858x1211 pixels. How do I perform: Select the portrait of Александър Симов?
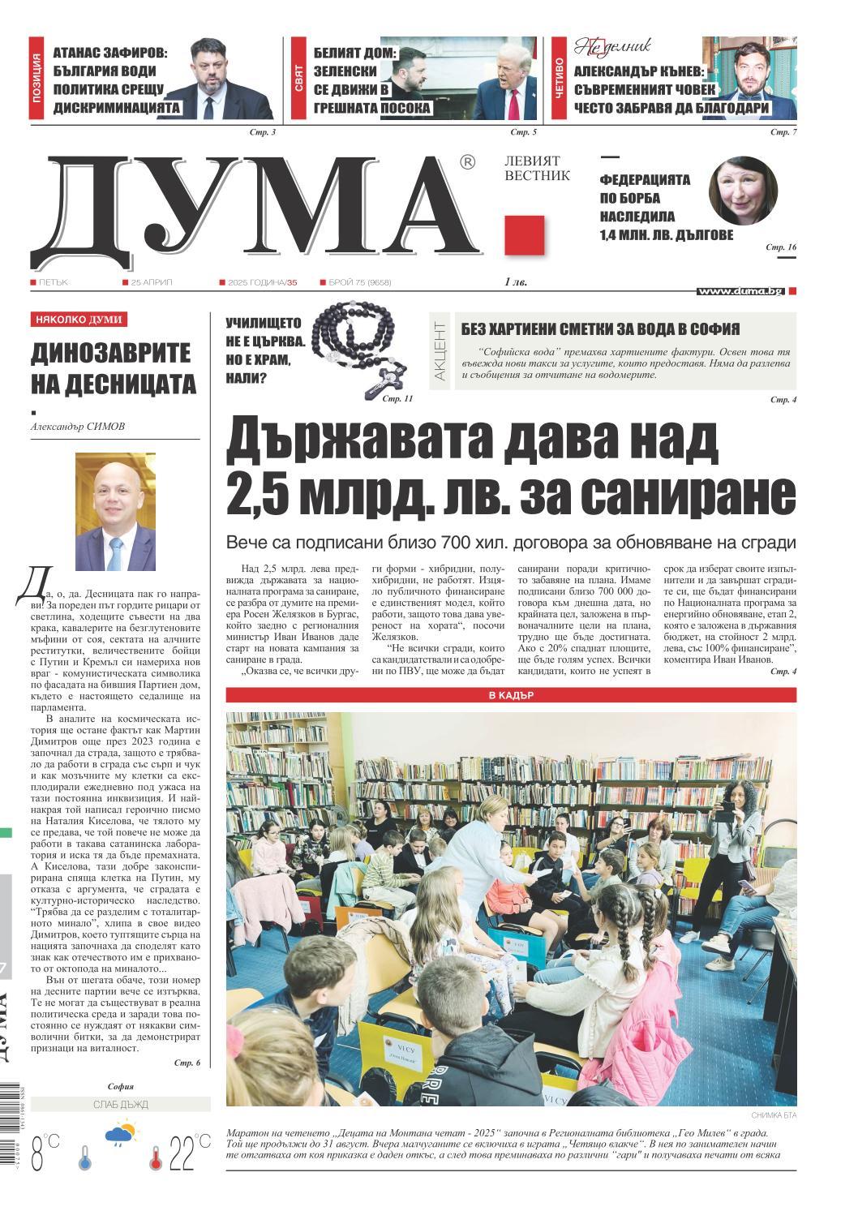click(115, 511)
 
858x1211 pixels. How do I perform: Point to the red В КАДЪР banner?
click(511, 695)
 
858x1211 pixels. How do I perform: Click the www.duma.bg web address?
click(740, 290)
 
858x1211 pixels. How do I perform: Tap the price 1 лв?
click(515, 282)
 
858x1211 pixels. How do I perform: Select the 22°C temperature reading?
click(188, 1152)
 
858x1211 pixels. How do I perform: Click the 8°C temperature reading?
click(45, 1153)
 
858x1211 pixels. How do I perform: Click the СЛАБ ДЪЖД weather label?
click(121, 1104)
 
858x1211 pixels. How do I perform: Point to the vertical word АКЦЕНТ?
click(440, 350)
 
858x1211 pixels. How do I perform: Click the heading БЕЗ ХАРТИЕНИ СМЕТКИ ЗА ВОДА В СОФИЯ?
click(600, 329)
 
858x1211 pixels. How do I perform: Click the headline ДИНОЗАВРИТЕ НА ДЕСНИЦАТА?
click(114, 367)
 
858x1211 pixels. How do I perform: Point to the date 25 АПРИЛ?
click(152, 282)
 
